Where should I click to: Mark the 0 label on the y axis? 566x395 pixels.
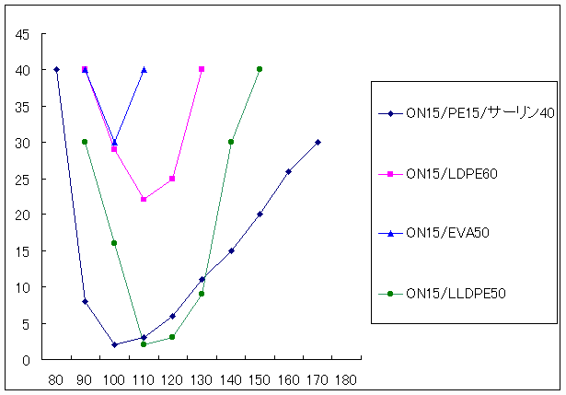pos(28,360)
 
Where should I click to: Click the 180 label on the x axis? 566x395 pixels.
pos(347,378)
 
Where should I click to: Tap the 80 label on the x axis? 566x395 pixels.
pos(56,378)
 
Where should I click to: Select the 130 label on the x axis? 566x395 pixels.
pos(202,378)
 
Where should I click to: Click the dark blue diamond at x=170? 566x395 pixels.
pos(318,142)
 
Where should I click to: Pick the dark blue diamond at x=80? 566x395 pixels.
pos(56,70)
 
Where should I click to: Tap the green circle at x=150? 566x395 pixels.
pos(260,69)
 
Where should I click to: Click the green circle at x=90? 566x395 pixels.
pos(85,142)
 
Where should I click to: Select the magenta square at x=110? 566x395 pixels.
pos(144,199)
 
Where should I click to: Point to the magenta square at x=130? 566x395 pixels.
pos(202,69)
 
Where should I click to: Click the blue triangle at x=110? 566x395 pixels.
pos(144,70)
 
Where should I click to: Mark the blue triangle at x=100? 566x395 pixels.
pos(114,142)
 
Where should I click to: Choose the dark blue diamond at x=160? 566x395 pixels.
pos(288,171)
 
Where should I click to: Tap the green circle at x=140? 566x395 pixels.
pos(230,142)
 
